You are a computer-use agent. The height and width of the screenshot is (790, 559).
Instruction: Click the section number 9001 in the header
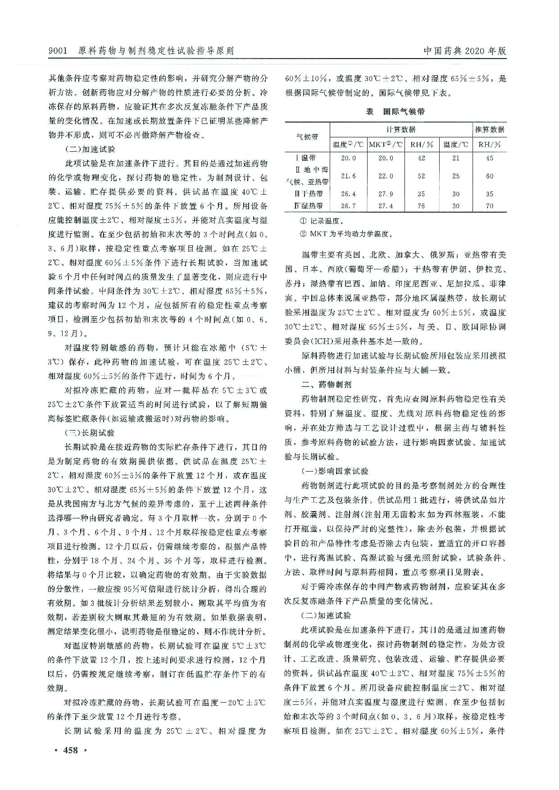point(57,51)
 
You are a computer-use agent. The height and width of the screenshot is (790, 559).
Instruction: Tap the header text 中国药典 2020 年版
point(465,51)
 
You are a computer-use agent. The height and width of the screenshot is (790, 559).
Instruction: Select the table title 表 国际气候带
point(395,112)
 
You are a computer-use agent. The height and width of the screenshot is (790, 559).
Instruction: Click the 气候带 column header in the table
point(307,137)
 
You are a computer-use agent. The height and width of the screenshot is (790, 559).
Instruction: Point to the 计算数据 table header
point(401,130)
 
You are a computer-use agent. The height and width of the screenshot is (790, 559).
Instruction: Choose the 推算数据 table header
point(490,130)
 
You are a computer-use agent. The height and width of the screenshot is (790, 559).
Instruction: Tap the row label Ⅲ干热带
point(308,194)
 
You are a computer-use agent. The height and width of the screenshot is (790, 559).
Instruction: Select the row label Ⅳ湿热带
point(308,206)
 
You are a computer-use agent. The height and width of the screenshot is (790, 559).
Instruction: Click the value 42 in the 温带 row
point(421,158)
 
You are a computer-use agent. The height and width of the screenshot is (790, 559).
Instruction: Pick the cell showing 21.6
point(348,176)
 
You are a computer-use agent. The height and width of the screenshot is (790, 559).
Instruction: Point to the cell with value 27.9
point(386,194)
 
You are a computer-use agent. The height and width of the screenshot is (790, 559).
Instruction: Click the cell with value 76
point(421,206)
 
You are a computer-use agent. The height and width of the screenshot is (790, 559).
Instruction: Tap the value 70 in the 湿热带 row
point(490,206)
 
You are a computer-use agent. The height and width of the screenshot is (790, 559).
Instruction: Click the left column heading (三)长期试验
point(90,433)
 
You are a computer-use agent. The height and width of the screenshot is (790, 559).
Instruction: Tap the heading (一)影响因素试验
point(335,471)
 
